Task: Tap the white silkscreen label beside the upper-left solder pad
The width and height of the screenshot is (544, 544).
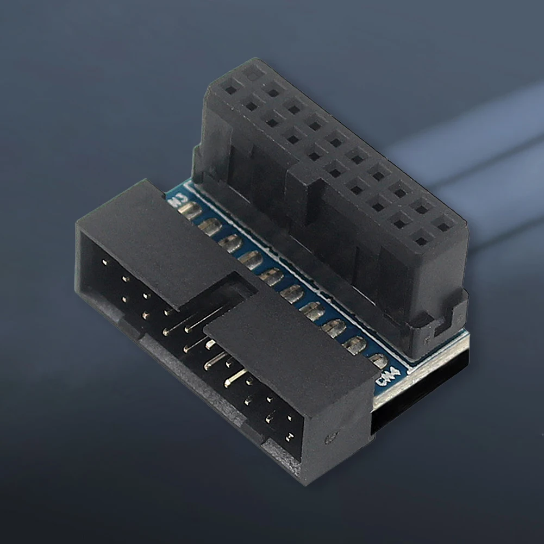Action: coord(176,202)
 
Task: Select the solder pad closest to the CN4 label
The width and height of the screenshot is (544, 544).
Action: coord(378,361)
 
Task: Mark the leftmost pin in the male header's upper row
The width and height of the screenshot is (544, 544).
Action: coord(104,262)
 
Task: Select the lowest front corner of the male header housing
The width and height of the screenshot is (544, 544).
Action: coord(304,481)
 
